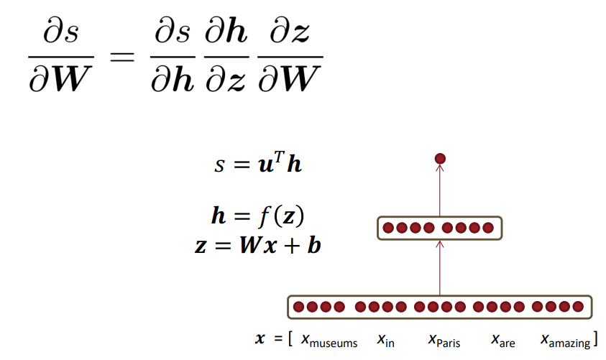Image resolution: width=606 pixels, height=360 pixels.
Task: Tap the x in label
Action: [x=385, y=340]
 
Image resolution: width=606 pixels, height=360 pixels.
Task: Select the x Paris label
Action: [x=444, y=340]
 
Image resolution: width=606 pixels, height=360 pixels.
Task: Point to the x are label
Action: [x=502, y=340]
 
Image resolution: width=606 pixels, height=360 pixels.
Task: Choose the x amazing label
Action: [x=565, y=340]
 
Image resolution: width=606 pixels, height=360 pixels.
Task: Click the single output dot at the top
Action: [x=440, y=158]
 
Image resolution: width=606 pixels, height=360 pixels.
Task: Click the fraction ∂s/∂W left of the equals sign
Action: [x=61, y=57]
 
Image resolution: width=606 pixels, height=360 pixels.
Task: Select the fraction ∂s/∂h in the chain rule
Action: [x=173, y=57]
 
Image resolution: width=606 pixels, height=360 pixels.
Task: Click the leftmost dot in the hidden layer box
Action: [x=388, y=229]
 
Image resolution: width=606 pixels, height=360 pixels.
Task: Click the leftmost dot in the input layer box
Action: [x=298, y=307]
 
